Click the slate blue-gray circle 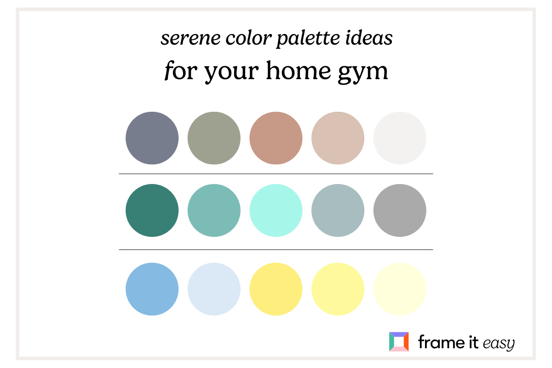[152, 138]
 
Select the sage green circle [214, 138]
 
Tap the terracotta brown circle [276, 138]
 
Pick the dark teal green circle [152, 211]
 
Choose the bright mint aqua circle [276, 211]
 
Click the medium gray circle [400, 211]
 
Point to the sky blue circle [152, 289]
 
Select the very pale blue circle [214, 289]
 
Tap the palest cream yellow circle [400, 289]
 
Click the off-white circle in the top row [400, 138]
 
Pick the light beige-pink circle [338, 138]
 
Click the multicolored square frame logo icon [398, 342]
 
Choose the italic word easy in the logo [498, 343]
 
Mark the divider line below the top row [276, 174]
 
